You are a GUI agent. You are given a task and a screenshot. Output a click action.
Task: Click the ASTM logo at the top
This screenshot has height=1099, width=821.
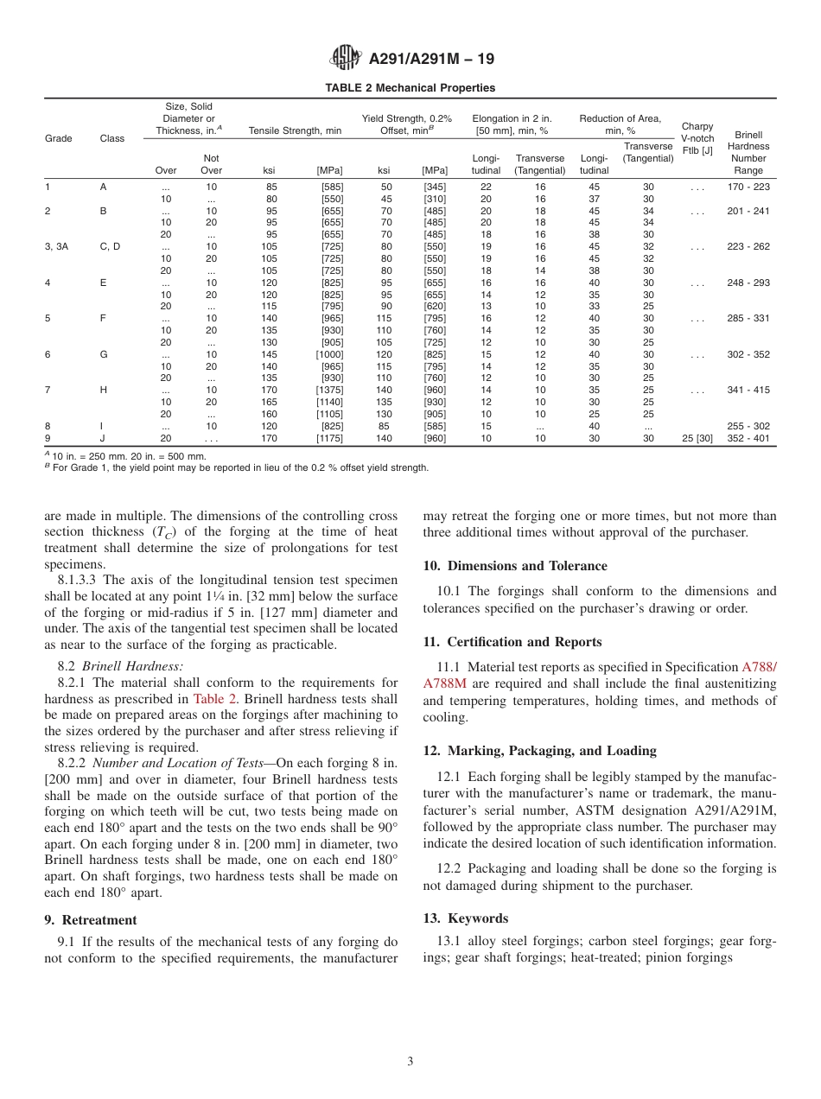(347, 59)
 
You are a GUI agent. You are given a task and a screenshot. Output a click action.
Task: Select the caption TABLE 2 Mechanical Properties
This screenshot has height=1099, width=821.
(410, 88)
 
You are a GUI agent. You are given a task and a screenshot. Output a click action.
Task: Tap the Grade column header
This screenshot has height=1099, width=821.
(59, 138)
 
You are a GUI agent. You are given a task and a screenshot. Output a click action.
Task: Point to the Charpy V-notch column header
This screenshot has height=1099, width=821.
(697, 138)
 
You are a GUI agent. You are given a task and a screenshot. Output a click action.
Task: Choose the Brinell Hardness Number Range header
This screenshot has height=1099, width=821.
(748, 152)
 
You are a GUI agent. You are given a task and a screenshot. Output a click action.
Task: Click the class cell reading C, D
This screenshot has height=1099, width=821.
(110, 247)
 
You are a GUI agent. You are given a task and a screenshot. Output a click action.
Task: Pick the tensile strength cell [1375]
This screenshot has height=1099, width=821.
(329, 391)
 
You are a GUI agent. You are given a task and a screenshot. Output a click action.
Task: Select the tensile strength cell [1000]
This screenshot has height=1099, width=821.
(329, 355)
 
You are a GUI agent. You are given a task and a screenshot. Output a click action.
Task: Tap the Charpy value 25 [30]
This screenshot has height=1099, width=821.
(697, 439)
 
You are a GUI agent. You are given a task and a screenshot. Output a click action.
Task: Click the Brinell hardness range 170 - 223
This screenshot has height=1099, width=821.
(748, 187)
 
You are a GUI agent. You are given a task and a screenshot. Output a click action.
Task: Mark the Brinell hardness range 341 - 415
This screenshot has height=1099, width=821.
(748, 391)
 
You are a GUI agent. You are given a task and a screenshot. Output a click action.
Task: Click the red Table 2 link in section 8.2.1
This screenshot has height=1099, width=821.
(210, 699)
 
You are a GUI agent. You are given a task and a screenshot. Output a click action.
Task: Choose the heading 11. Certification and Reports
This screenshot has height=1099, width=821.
(512, 642)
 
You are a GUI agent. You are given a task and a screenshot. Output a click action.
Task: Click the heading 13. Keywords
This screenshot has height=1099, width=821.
(466, 918)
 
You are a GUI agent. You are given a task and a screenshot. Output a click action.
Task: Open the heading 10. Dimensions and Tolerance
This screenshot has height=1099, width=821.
(515, 566)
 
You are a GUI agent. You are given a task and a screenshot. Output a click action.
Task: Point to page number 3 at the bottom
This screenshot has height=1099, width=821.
(410, 1062)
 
